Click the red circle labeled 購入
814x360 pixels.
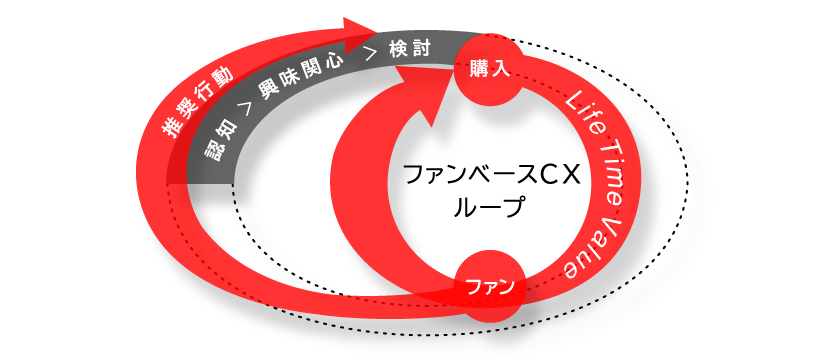click(489, 69)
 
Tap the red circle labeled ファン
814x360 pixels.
click(489, 287)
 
